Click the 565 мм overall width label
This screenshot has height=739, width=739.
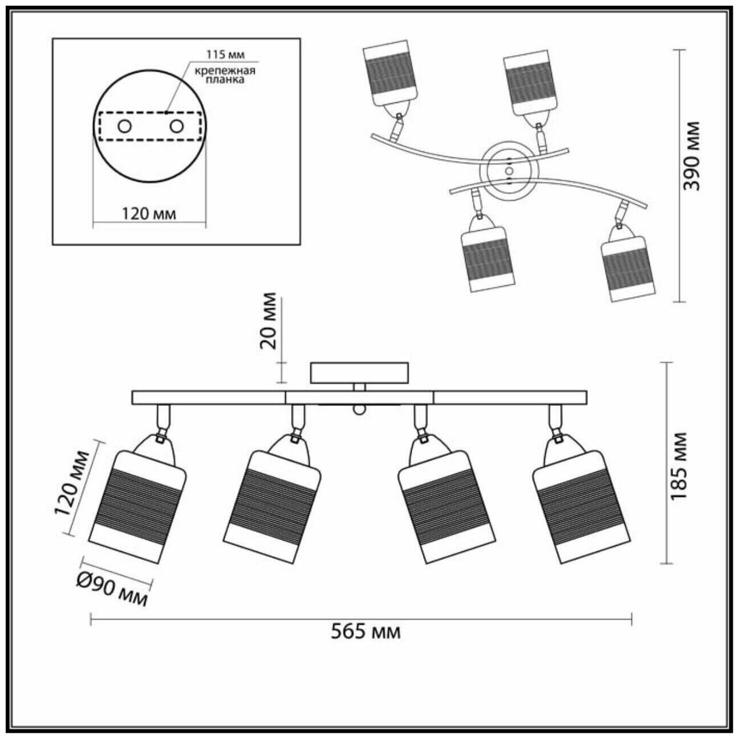pos(366,632)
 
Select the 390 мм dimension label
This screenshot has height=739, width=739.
pos(692,155)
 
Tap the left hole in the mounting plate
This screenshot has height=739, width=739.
pos(124,126)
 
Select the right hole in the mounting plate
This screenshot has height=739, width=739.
pos(176,126)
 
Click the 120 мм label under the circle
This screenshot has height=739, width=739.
pos(149,214)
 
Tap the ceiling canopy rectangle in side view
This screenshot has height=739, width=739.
pos(359,372)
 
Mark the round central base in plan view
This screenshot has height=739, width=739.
pos(509,169)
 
